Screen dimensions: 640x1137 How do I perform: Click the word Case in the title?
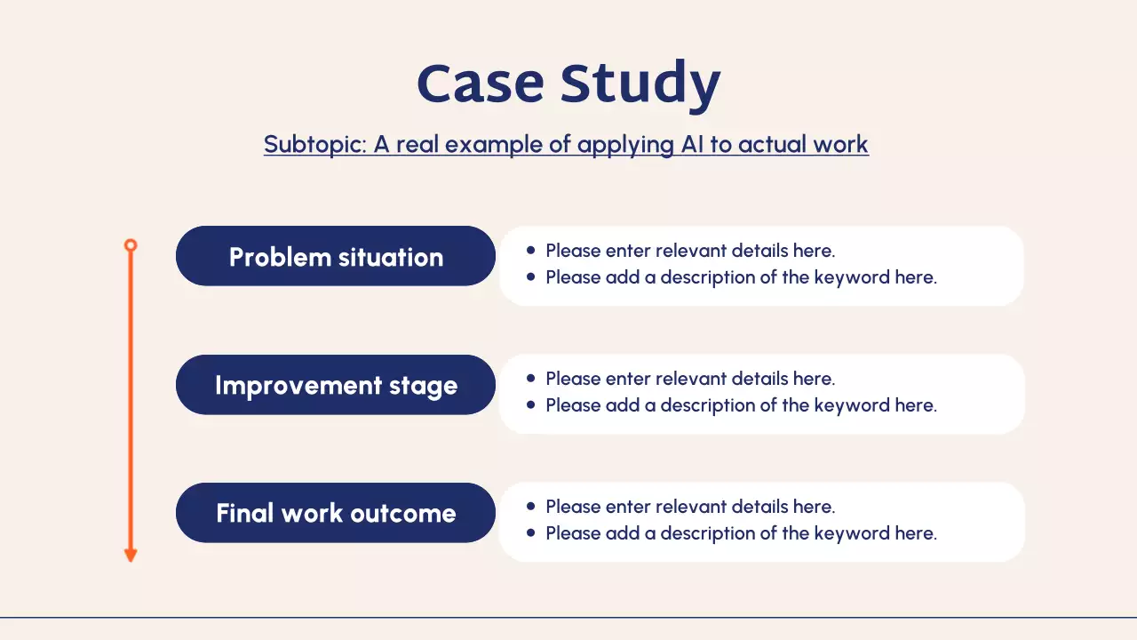pos(480,84)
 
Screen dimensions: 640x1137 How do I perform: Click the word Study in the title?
pos(640,85)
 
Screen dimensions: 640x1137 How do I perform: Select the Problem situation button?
pos(336,256)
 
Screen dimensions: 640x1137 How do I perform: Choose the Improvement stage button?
pos(336,385)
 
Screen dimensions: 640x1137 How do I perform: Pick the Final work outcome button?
pos(336,513)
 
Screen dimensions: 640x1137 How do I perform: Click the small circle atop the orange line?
pos(131,244)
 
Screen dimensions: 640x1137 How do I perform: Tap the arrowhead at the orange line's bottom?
pos(131,556)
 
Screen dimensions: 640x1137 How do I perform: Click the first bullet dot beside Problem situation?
pos(531,251)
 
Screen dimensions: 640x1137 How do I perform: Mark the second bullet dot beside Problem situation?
pos(531,277)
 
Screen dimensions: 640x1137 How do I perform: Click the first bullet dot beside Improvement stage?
pos(531,379)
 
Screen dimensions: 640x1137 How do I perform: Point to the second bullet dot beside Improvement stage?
pos(531,405)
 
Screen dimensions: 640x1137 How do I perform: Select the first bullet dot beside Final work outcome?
pos(531,507)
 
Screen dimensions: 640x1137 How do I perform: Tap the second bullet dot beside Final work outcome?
pos(531,533)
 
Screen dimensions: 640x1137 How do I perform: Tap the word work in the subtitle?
pos(843,144)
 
